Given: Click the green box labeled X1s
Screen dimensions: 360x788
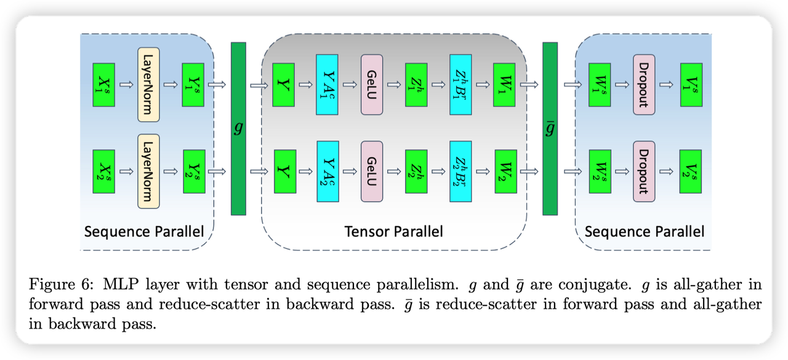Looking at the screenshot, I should click(103, 84).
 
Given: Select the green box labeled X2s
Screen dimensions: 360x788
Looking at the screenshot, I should click(103, 171).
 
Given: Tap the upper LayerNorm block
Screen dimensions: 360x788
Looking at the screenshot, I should click(148, 84).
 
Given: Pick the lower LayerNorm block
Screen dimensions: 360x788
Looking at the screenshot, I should click(148, 171).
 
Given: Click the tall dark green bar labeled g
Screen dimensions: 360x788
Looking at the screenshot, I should click(238, 129).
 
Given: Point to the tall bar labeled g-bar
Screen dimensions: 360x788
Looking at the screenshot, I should click(550, 129).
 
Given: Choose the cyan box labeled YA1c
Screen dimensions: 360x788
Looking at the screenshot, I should click(327, 84).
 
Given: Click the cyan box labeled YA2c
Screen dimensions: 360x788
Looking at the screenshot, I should click(327, 171).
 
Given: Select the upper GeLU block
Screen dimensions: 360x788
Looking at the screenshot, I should click(372, 84).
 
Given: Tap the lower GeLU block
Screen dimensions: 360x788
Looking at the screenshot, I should click(372, 171).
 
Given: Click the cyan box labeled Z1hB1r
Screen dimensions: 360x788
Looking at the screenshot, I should click(460, 84).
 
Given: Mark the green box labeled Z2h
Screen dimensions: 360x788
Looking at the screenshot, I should click(416, 171).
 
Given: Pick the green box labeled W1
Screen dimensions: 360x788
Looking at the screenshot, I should click(504, 84).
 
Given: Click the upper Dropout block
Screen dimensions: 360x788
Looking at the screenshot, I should click(644, 84).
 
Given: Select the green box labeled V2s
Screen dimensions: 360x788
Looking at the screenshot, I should click(690, 171).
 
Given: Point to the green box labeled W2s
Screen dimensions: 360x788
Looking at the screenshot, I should click(599, 171).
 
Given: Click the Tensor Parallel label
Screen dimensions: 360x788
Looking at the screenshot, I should click(394, 232).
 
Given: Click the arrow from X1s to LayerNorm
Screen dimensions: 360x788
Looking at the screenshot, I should click(126, 84).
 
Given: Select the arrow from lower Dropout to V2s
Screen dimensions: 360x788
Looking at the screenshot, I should click(667, 171).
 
